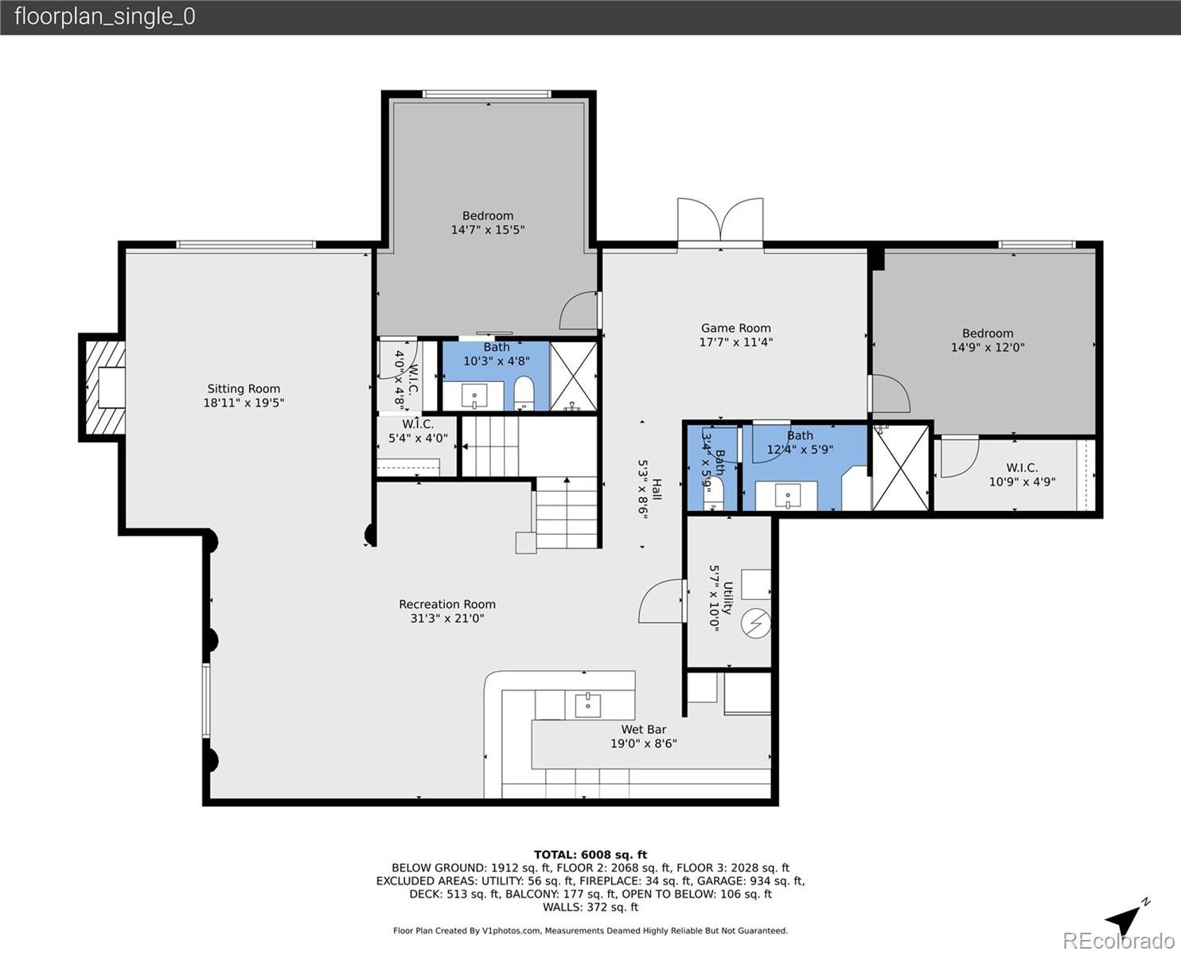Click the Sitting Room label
244,389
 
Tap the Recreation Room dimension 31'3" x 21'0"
447,618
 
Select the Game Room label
735,328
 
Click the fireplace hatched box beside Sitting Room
103,388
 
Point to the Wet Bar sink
588,704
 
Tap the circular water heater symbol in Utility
756,623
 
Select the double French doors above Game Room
720,220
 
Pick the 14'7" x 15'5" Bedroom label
488,216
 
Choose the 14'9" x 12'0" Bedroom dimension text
988,348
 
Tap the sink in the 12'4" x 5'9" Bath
786,496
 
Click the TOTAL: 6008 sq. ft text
590,855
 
